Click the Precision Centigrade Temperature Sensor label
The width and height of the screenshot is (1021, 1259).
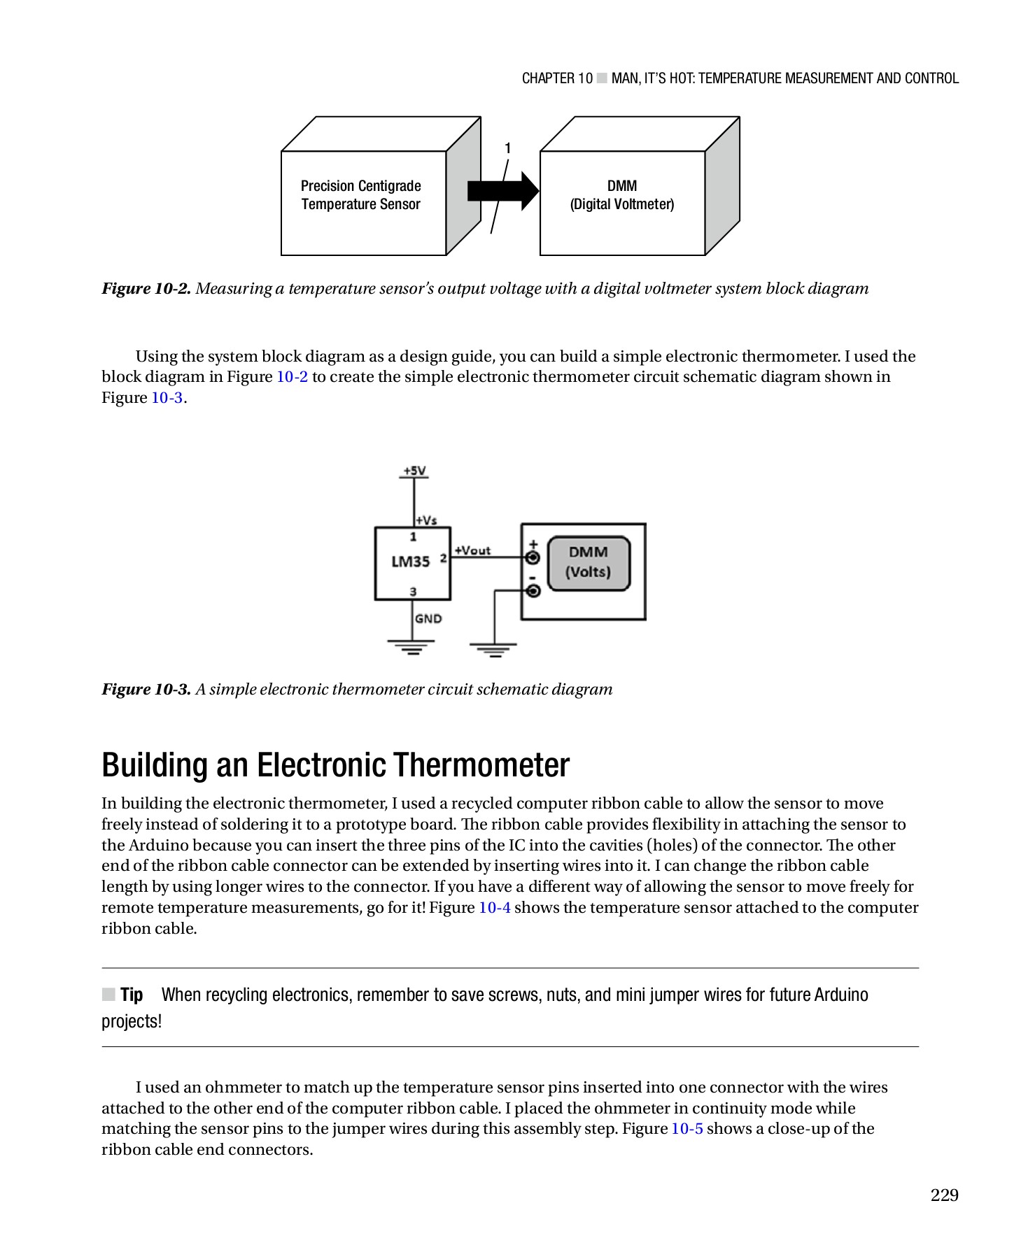[x=360, y=195]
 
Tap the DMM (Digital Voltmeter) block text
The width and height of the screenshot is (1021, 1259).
[x=621, y=195]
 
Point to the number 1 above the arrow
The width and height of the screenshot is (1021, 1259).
[x=508, y=148]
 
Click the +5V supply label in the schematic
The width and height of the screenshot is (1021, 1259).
[x=414, y=471]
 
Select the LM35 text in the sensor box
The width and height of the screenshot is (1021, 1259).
[x=410, y=562]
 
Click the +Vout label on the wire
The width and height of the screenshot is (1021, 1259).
[x=472, y=550]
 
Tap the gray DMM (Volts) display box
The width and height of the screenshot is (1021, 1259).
[x=588, y=562]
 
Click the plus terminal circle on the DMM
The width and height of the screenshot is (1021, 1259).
[x=533, y=558]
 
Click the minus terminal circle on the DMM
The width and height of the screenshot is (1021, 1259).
[x=533, y=592]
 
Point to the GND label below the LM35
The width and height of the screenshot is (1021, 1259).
[x=428, y=618]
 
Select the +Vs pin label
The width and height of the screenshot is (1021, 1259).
[x=426, y=520]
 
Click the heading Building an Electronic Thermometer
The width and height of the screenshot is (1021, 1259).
[x=335, y=765]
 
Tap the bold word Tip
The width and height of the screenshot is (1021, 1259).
[x=132, y=995]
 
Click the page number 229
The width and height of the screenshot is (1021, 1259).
[x=943, y=1195]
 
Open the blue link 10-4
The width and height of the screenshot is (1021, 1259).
[x=494, y=908]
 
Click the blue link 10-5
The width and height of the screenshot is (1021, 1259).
[x=686, y=1129]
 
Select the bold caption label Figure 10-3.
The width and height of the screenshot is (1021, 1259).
[x=146, y=690]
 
